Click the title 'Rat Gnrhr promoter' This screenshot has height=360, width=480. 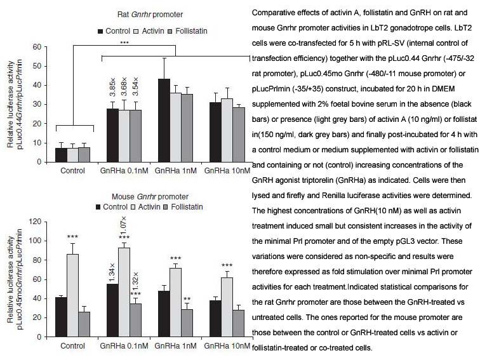coord(150,15)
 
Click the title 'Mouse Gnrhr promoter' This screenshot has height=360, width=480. coord(150,197)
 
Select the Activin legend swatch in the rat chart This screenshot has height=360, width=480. coord(137,31)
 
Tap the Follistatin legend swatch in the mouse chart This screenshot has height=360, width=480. coord(166,207)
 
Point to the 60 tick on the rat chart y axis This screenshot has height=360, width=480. coord(37,47)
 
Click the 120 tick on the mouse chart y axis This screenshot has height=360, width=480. coord(35,222)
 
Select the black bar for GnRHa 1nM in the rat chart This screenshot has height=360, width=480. coord(164,120)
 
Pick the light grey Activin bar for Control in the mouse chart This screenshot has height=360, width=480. coord(72,295)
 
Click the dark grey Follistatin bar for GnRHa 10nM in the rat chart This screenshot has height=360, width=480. coord(239,135)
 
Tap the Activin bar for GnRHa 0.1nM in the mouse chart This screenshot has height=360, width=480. coord(124,292)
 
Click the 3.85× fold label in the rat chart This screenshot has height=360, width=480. coord(112,87)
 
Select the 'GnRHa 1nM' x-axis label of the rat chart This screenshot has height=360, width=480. coord(176,171)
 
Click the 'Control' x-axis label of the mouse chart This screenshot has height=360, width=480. coord(72,346)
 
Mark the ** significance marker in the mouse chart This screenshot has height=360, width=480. coord(187,299)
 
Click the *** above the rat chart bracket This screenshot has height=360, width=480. coord(124,43)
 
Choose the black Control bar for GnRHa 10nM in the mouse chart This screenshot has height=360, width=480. coord(215,319)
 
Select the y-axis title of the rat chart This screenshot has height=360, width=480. coord(15,104)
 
